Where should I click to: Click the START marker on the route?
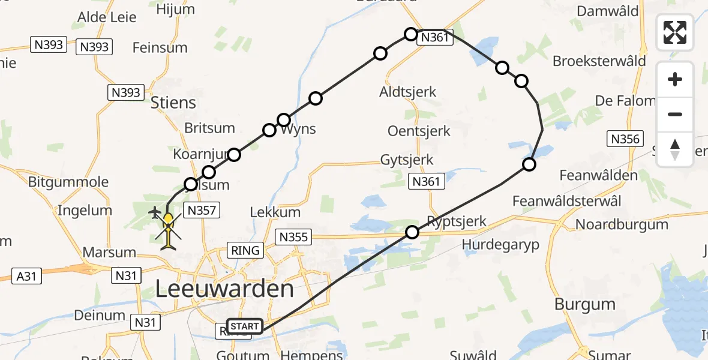pyautogui.click(x=244, y=327)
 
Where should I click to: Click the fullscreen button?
pyautogui.click(x=675, y=32)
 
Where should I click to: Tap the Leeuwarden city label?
pyautogui.click(x=224, y=290)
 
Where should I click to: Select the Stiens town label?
pyautogui.click(x=173, y=103)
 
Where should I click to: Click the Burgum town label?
pyautogui.click(x=585, y=304)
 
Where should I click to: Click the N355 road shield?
pyautogui.click(x=294, y=237)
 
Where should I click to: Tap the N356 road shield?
pyautogui.click(x=625, y=139)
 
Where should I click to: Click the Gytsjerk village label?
pyautogui.click(x=407, y=160)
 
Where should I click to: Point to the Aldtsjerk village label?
pyautogui.click(x=408, y=92)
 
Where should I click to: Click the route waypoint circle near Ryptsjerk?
pyautogui.click(x=412, y=232)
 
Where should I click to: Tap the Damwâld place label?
pyautogui.click(x=608, y=11)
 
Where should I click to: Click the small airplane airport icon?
pyautogui.click(x=154, y=212)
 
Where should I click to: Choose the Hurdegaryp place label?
pyautogui.click(x=501, y=244)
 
